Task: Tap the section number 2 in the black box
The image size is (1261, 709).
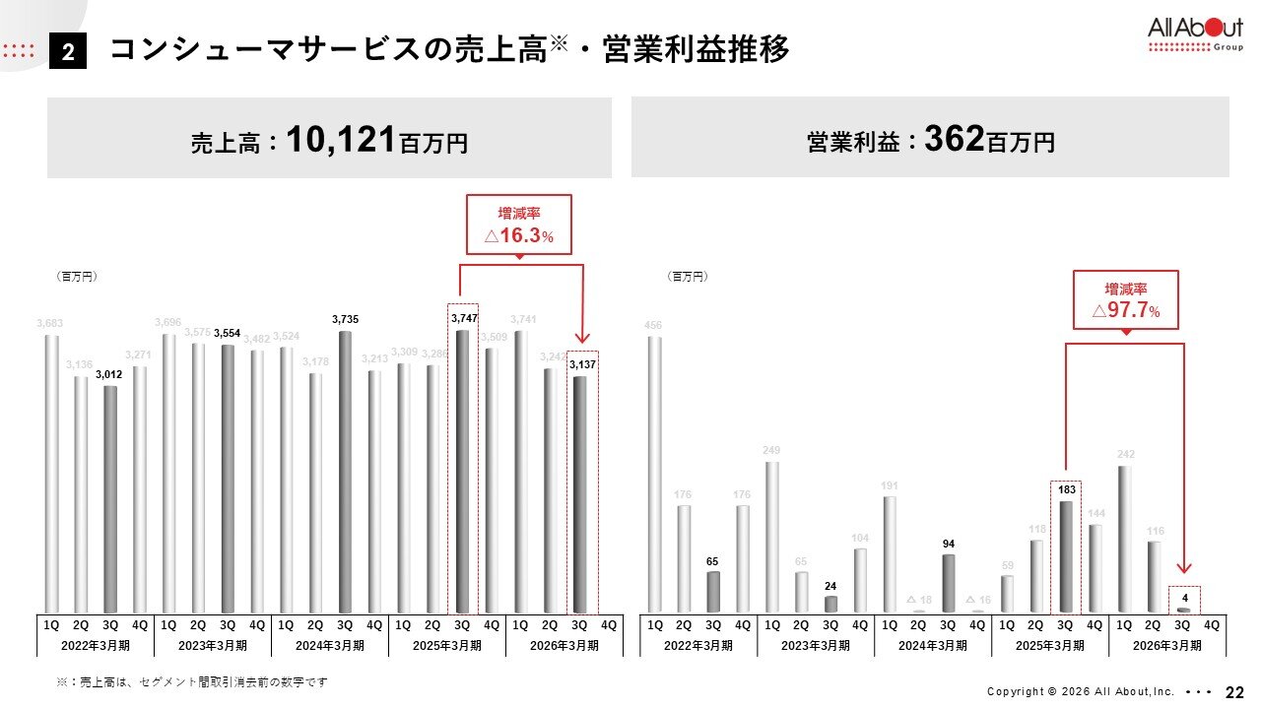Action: pos(69,52)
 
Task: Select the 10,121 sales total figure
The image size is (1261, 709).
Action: pos(340,140)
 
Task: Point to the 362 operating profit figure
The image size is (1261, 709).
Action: pos(955,140)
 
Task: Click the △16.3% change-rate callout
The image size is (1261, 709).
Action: pos(518,226)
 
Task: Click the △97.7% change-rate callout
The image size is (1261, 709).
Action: pos(1125,300)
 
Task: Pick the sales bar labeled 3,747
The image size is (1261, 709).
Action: pos(462,472)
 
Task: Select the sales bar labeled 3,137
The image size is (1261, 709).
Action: pos(580,494)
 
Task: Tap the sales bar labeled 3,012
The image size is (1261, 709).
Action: pos(110,499)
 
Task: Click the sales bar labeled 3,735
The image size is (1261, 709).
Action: pos(345,472)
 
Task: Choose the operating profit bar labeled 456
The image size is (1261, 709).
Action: pos(655,475)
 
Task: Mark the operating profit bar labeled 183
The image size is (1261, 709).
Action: pos(1065,557)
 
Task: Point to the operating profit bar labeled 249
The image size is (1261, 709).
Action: pos(772,537)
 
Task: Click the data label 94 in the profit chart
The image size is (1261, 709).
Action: pos(948,544)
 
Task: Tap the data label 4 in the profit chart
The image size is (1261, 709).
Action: pos(1184,596)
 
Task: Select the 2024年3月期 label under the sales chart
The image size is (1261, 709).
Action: pos(329,646)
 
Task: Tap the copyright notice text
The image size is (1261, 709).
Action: pos(1080,691)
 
